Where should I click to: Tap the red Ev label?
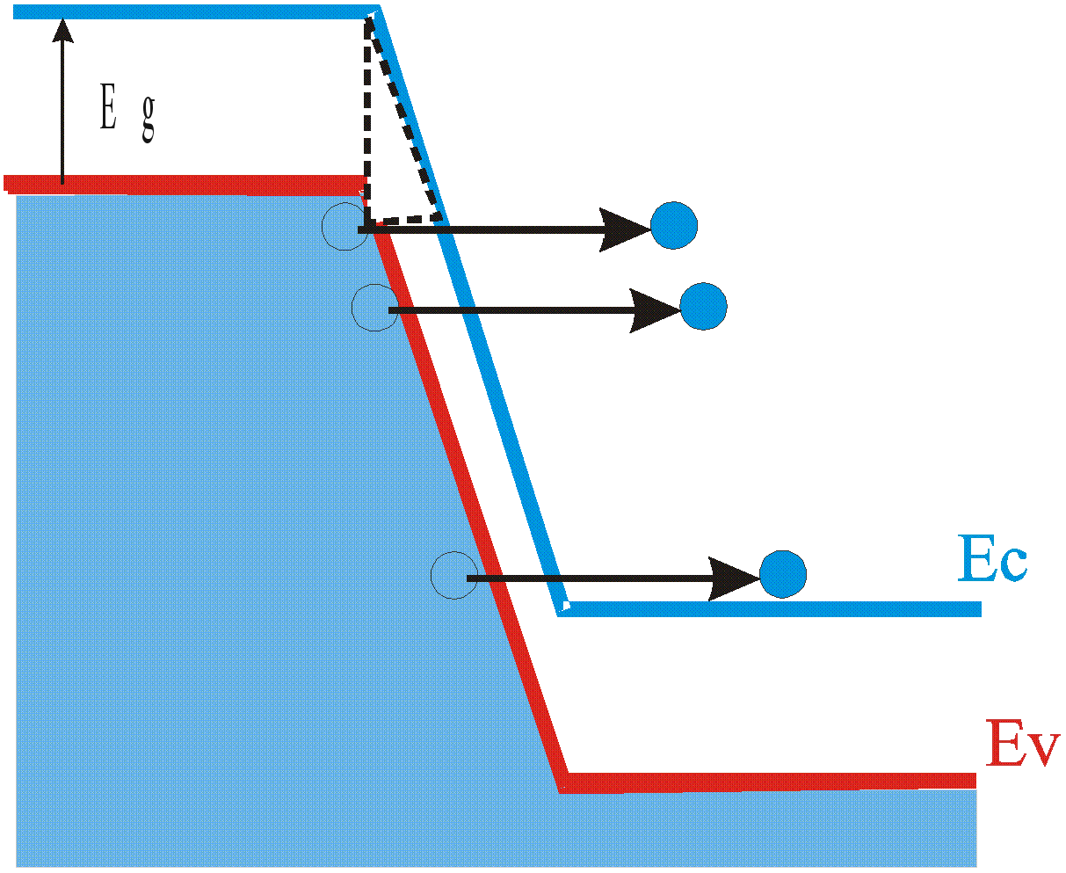pyautogui.click(x=1019, y=743)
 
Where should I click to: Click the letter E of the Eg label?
pyautogui.click(x=108, y=110)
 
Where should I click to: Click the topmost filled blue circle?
pyautogui.click(x=674, y=226)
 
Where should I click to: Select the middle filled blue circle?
pyautogui.click(x=703, y=307)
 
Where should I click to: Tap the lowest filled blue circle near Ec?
pyautogui.click(x=782, y=573)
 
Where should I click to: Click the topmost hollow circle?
pyautogui.click(x=344, y=227)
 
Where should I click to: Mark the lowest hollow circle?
pyautogui.click(x=453, y=575)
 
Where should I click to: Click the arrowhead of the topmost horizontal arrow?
pyautogui.click(x=626, y=229)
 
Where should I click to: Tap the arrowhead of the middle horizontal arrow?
pyautogui.click(x=656, y=310)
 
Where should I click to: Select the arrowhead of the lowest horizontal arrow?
pyautogui.click(x=735, y=578)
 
